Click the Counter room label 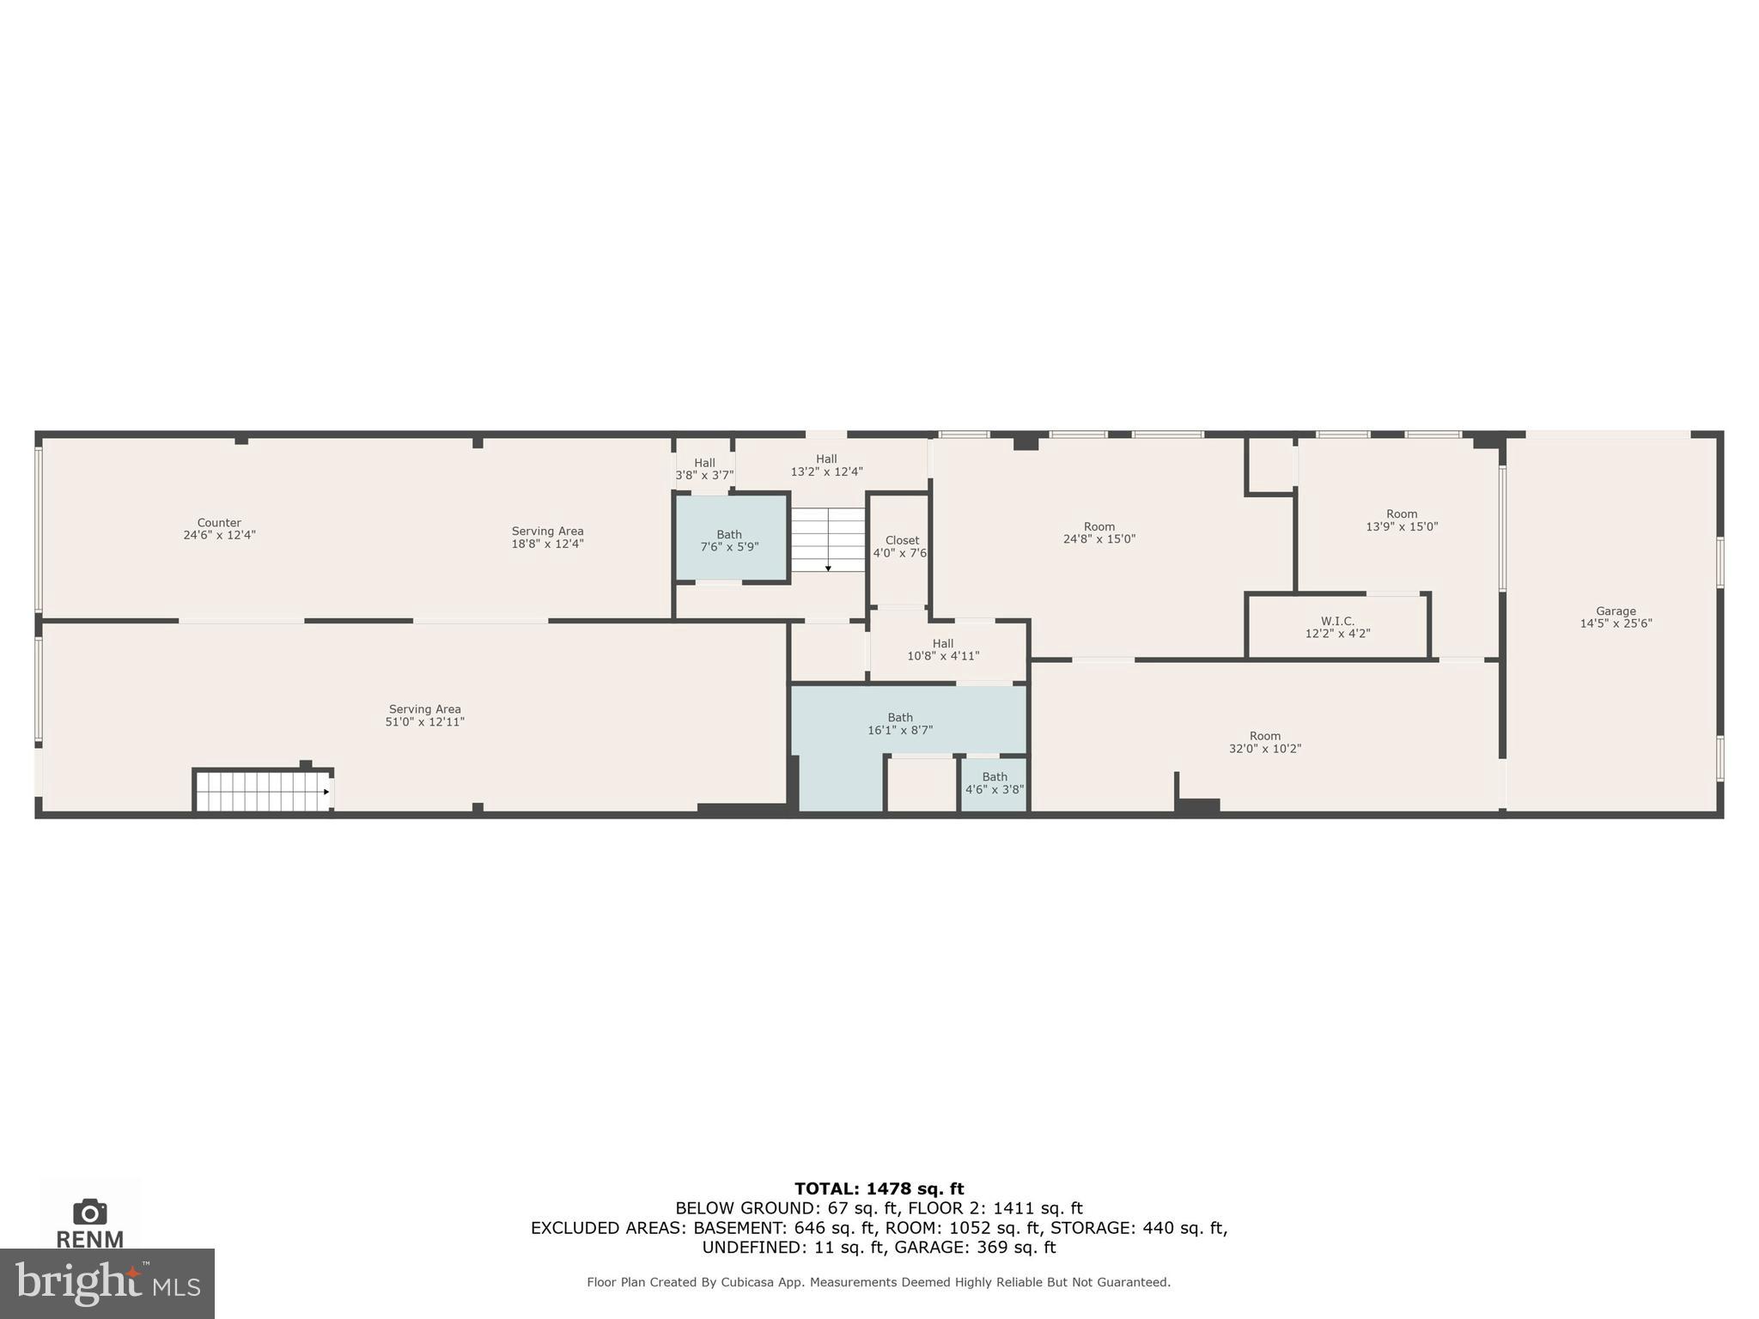point(219,528)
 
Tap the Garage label point(1616,617)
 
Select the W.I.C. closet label point(1337,627)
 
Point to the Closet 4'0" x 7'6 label point(900,547)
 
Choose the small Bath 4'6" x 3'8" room point(994,783)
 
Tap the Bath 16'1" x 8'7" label point(900,723)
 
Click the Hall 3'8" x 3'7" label point(704,468)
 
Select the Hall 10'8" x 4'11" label point(943,649)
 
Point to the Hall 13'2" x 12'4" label point(826,465)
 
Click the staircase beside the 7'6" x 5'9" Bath point(827,539)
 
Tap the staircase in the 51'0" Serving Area point(262,791)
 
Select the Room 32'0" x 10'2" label point(1264,742)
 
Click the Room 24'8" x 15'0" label point(1099,532)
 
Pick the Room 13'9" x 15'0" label point(1401,520)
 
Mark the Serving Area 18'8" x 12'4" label point(547,537)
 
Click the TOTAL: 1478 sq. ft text point(879,1188)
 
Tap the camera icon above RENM point(90,1212)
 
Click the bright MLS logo point(107,1284)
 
